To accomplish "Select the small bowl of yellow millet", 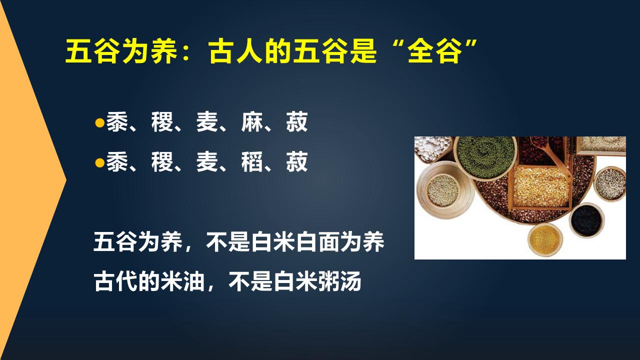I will pos(545,239).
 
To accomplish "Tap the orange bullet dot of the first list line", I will pos(99,123).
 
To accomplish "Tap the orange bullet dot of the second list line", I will pos(99,163).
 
